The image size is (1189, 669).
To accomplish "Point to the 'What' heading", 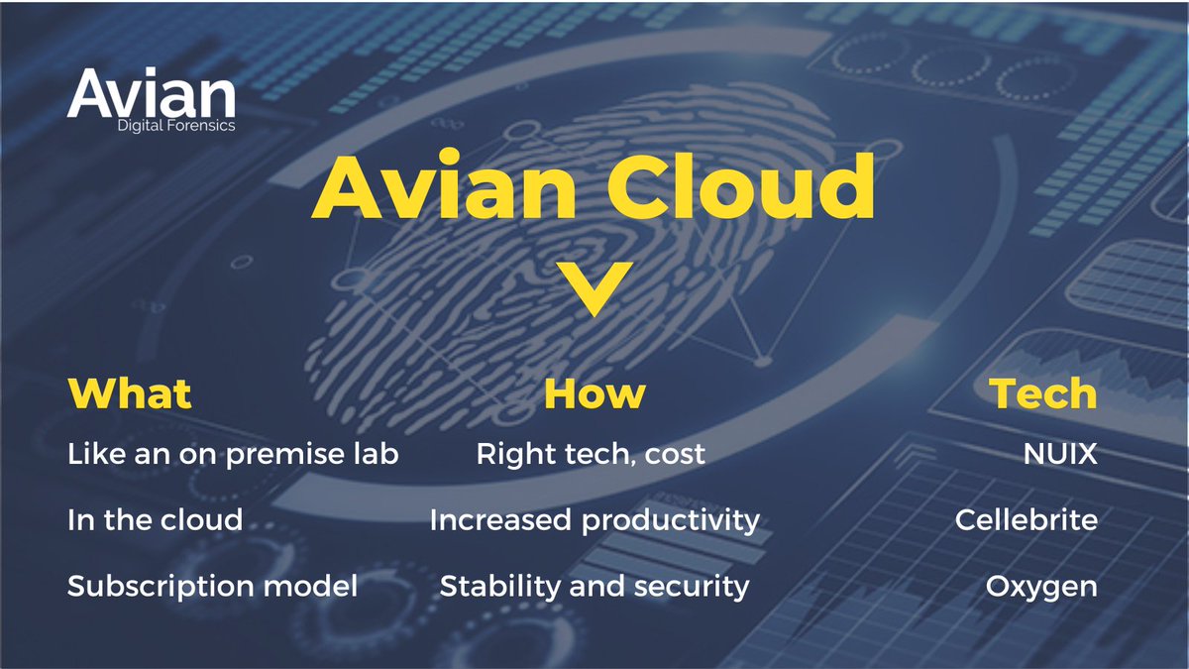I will (129, 393).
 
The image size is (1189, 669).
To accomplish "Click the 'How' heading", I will (594, 393).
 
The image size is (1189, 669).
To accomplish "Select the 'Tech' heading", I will (1043, 393).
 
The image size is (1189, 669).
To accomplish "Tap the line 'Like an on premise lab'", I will (233, 455).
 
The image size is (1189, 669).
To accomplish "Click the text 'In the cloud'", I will (155, 519).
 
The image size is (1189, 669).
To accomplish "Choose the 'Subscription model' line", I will (212, 586).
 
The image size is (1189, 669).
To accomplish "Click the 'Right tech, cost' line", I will (591, 455).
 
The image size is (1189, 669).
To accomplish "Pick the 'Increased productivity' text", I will (594, 519).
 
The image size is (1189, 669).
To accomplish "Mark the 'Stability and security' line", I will (594, 586).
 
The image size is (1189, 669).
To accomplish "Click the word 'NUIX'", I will (1060, 455).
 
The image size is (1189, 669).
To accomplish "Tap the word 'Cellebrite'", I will (1027, 519).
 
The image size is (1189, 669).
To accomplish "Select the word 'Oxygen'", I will (1041, 587).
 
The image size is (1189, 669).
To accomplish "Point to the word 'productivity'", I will (671, 520).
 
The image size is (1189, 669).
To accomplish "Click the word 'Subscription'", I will (159, 586).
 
